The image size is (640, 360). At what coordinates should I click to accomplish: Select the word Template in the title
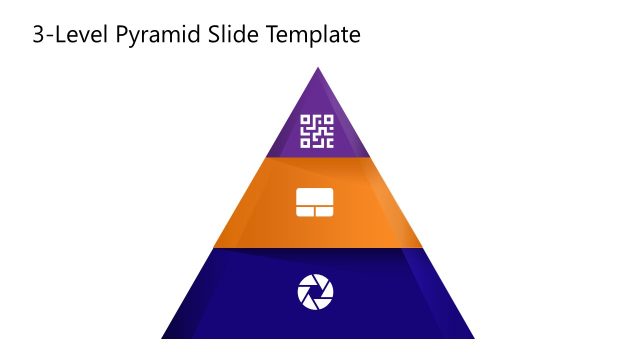point(313,36)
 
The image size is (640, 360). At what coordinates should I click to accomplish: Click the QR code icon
point(317,131)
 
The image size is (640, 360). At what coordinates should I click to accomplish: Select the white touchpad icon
point(317,202)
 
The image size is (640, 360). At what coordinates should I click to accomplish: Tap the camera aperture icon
point(316,292)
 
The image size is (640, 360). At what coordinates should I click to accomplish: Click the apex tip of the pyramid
point(318,69)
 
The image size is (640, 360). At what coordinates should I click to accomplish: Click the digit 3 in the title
point(38,36)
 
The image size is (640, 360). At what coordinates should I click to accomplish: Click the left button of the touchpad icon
point(309,211)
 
